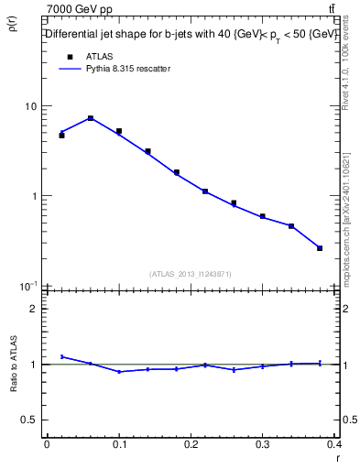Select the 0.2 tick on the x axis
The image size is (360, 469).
pos(191,443)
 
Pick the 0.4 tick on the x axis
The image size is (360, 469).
pos(334,443)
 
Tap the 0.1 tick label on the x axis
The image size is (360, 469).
pos(118,443)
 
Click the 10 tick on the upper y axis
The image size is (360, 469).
pos(30,106)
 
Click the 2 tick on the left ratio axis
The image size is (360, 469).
pos(34,309)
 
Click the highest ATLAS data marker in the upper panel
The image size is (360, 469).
pos(91,118)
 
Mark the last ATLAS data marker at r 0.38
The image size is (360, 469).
pos(320,248)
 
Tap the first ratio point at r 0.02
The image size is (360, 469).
pos(61,356)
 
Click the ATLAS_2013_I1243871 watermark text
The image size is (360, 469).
pos(189,274)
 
